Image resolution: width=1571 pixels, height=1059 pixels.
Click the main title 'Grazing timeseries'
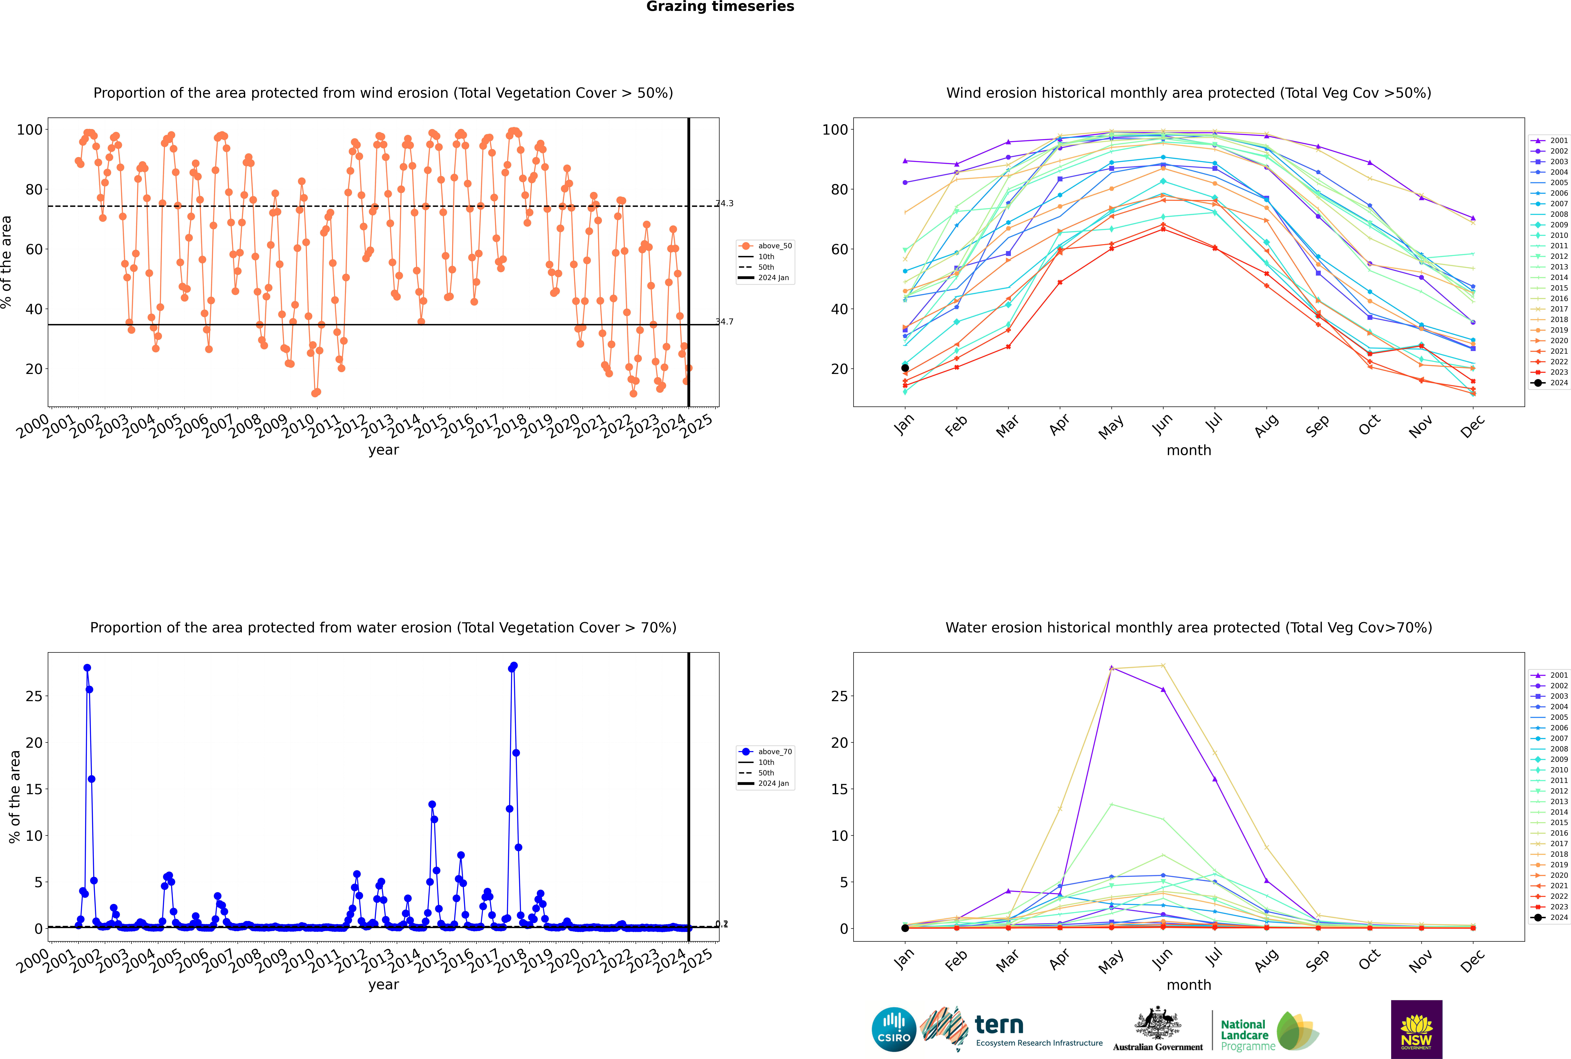click(x=720, y=7)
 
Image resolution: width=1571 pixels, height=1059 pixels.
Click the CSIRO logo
click(x=894, y=1029)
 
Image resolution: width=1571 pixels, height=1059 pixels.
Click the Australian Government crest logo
click(x=1158, y=1029)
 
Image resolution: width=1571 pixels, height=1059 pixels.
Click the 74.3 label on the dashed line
click(x=725, y=203)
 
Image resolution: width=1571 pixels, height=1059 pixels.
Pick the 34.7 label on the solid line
click(x=725, y=321)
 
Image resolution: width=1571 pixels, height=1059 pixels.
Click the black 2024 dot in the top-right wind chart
click(x=905, y=368)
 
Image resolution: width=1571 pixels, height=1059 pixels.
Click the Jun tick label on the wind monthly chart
click(x=1162, y=424)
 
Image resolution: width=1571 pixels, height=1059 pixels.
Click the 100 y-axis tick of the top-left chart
click(x=30, y=130)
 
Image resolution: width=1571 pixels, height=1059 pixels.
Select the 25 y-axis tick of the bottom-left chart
click(x=34, y=696)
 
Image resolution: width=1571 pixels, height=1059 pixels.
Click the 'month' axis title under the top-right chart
click(x=1189, y=451)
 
